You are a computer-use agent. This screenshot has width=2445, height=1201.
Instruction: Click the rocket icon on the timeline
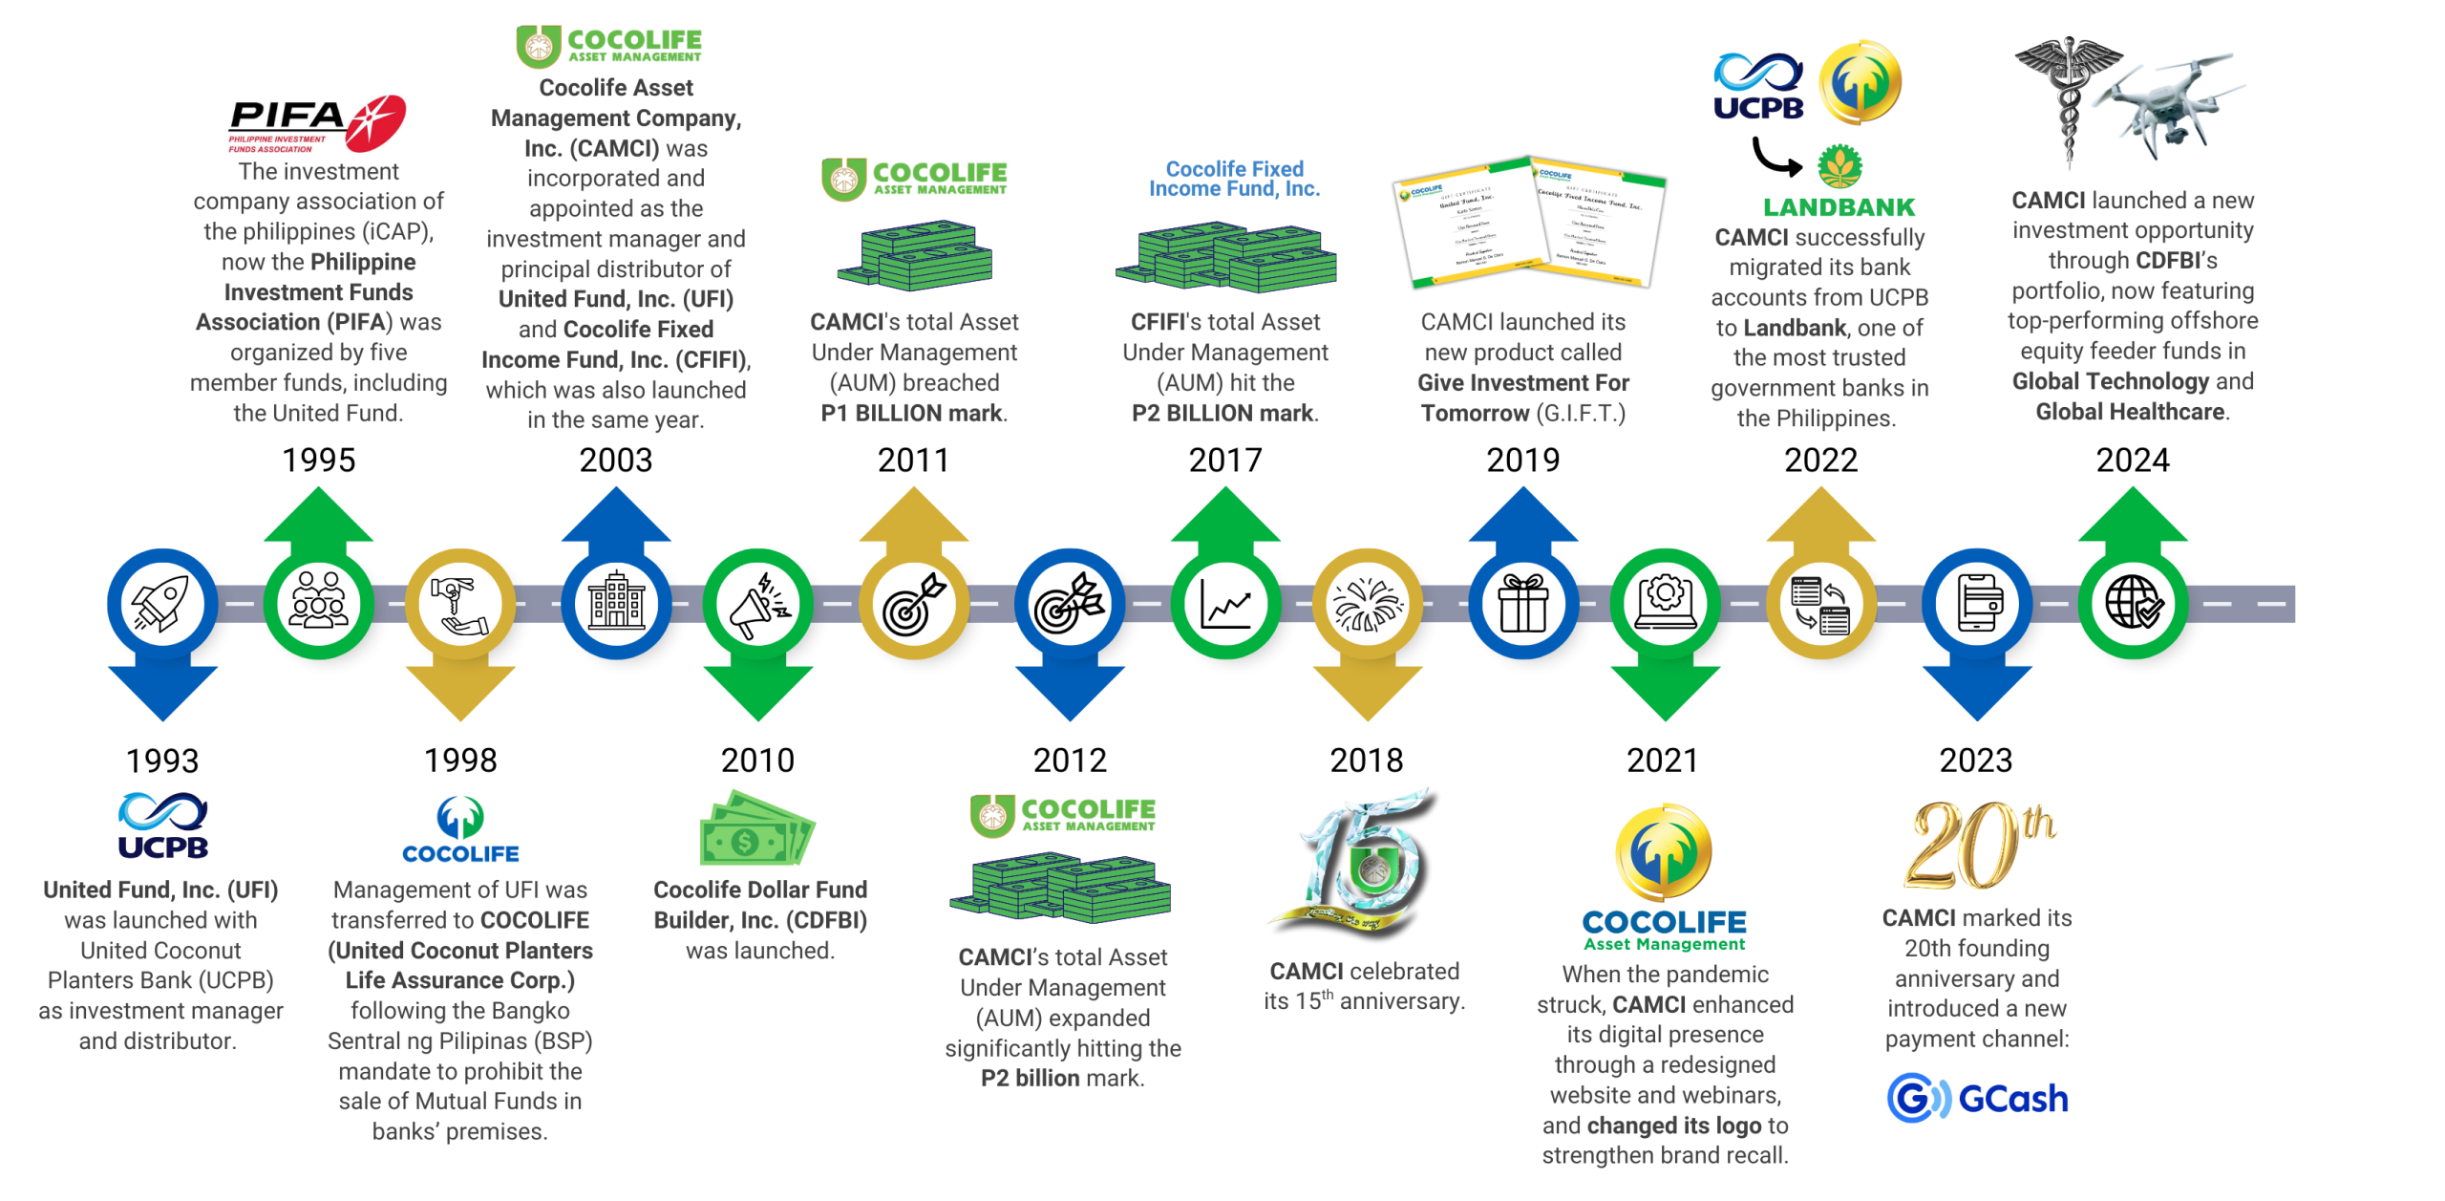point(162,604)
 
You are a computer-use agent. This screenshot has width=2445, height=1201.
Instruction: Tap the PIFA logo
point(318,123)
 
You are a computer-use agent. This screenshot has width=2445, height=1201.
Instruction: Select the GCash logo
point(1977,1098)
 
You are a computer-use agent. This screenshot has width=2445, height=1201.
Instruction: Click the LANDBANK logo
point(1839,182)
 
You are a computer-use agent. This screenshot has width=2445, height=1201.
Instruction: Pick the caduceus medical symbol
point(2068,100)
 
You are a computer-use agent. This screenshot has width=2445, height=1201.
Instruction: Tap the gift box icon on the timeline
point(1522,604)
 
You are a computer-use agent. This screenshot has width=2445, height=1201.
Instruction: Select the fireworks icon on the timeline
point(1367,604)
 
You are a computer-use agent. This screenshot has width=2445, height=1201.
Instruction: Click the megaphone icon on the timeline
point(758,604)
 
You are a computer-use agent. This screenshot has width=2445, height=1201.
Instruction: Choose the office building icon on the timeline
point(616,604)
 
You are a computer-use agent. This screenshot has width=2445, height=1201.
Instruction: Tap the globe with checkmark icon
point(2133,604)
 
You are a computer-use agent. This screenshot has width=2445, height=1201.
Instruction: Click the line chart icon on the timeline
point(1225,604)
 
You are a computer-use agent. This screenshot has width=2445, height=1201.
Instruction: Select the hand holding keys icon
point(460,604)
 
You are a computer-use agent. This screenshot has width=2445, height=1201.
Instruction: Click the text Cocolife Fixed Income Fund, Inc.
point(1234,179)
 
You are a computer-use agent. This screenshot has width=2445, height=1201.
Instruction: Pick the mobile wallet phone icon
point(1976,604)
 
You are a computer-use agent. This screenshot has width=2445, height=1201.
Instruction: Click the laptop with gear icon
point(1665,604)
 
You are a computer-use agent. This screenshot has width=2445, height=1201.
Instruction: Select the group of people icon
point(318,604)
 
